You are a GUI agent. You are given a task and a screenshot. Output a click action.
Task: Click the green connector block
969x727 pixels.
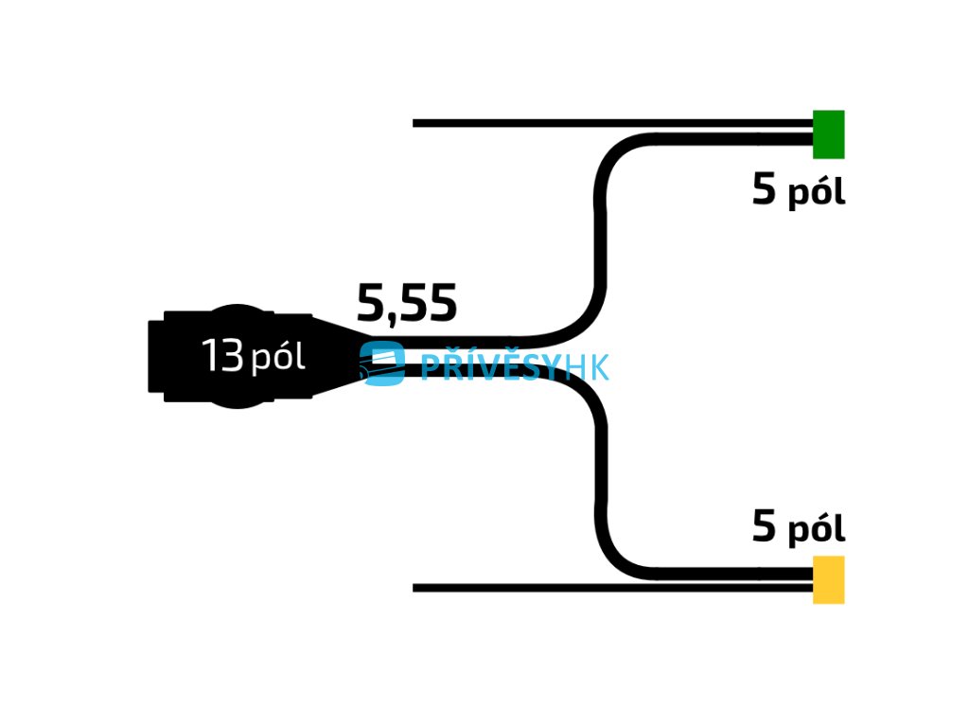828,134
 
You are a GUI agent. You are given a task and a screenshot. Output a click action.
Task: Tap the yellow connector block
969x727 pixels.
828,579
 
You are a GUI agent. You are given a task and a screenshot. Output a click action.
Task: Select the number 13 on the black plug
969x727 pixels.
222,357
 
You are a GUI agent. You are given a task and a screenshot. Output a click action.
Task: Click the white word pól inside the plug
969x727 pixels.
278,359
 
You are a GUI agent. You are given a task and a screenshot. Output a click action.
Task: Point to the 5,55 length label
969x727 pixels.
407,304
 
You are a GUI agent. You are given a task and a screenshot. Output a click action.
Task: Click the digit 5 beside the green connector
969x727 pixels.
764,191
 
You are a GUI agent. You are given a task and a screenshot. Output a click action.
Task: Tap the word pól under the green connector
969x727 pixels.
816,194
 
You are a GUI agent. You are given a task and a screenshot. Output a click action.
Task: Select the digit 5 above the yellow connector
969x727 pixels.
764,527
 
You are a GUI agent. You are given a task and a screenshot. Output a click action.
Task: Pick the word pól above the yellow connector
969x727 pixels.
816,530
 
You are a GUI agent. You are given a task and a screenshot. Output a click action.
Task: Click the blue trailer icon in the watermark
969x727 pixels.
382,363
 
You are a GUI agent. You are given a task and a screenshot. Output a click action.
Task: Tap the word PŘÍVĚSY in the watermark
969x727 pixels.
487,366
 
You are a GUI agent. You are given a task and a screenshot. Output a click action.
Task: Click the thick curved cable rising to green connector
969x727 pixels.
600,237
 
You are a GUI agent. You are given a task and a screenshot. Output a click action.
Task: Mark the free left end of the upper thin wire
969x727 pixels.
416,123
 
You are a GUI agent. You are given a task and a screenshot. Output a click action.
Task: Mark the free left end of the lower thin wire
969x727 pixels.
416,588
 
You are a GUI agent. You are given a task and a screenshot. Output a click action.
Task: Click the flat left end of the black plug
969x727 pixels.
155,356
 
